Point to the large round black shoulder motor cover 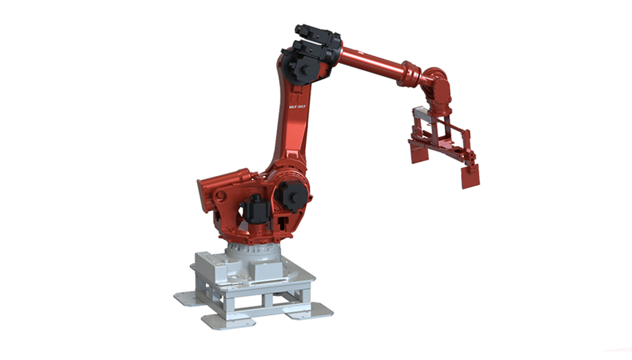click(x=291, y=195)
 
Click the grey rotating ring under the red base click(x=254, y=251)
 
